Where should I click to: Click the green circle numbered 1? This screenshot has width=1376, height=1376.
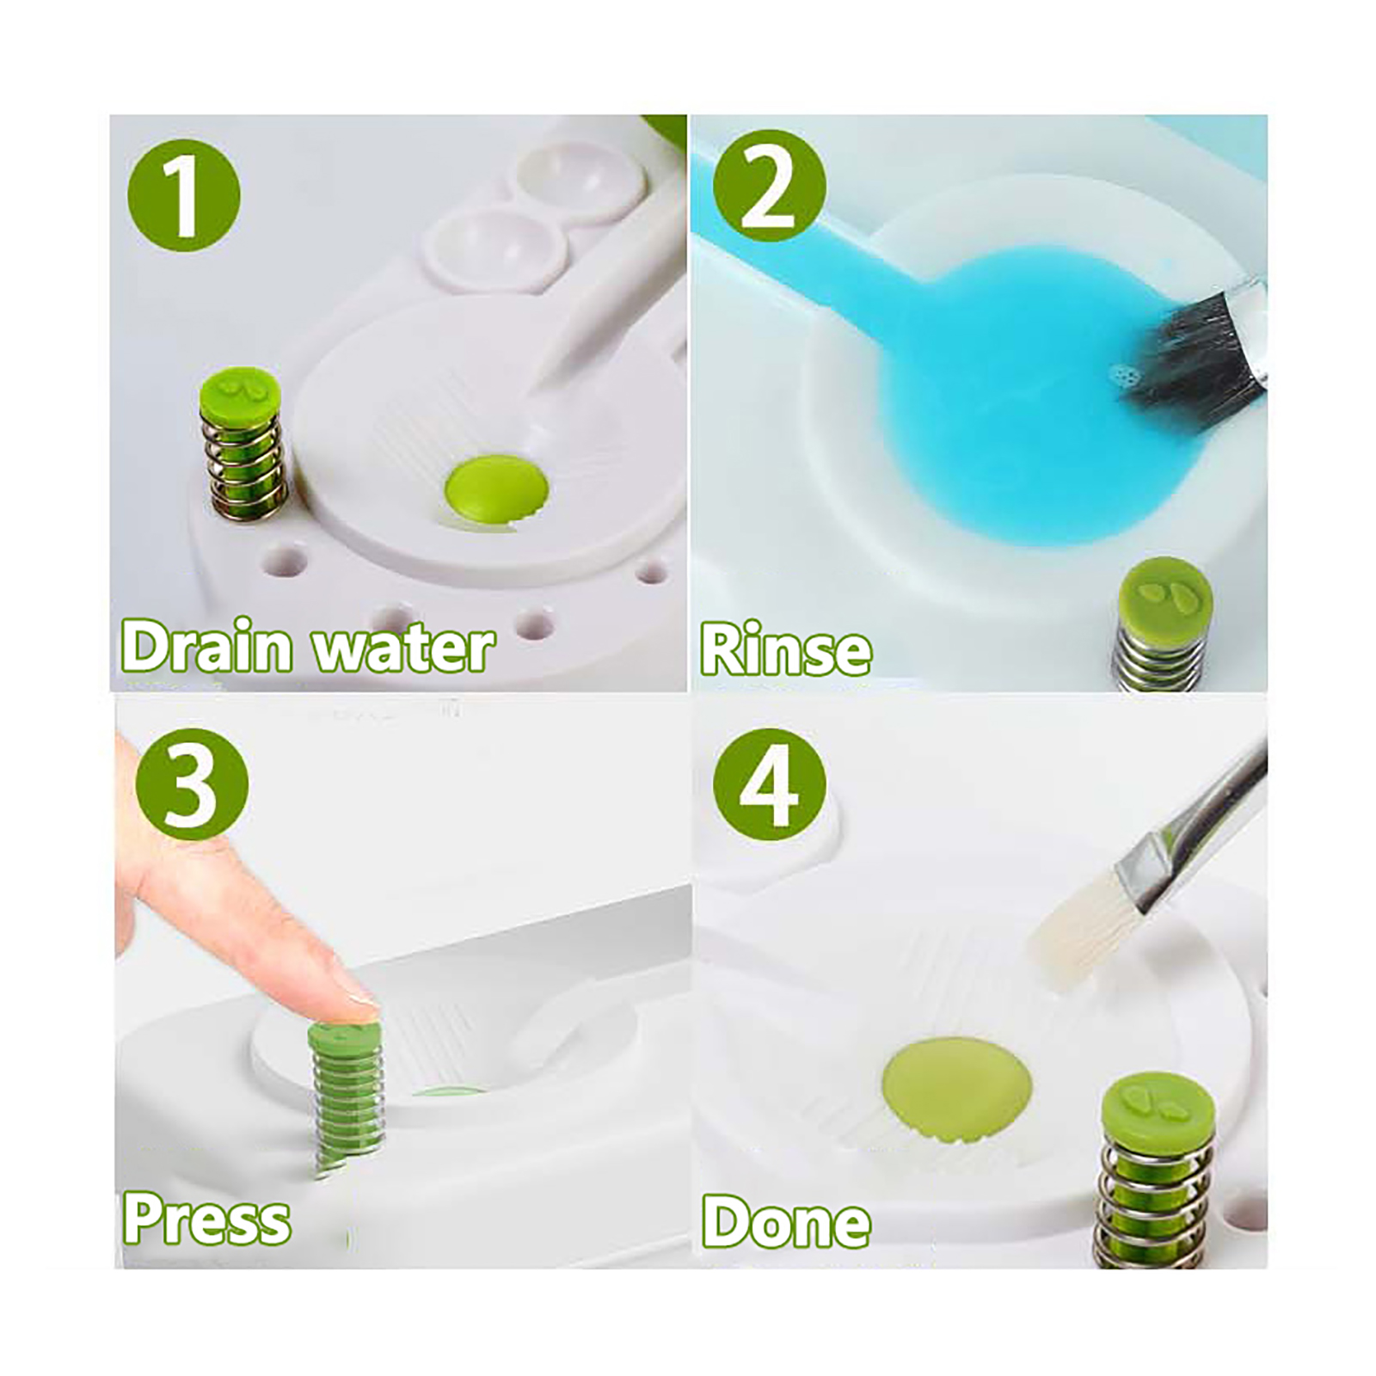coord(184,197)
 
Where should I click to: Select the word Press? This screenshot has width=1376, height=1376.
coord(206,1219)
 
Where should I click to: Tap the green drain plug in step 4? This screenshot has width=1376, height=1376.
coord(956,1092)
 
